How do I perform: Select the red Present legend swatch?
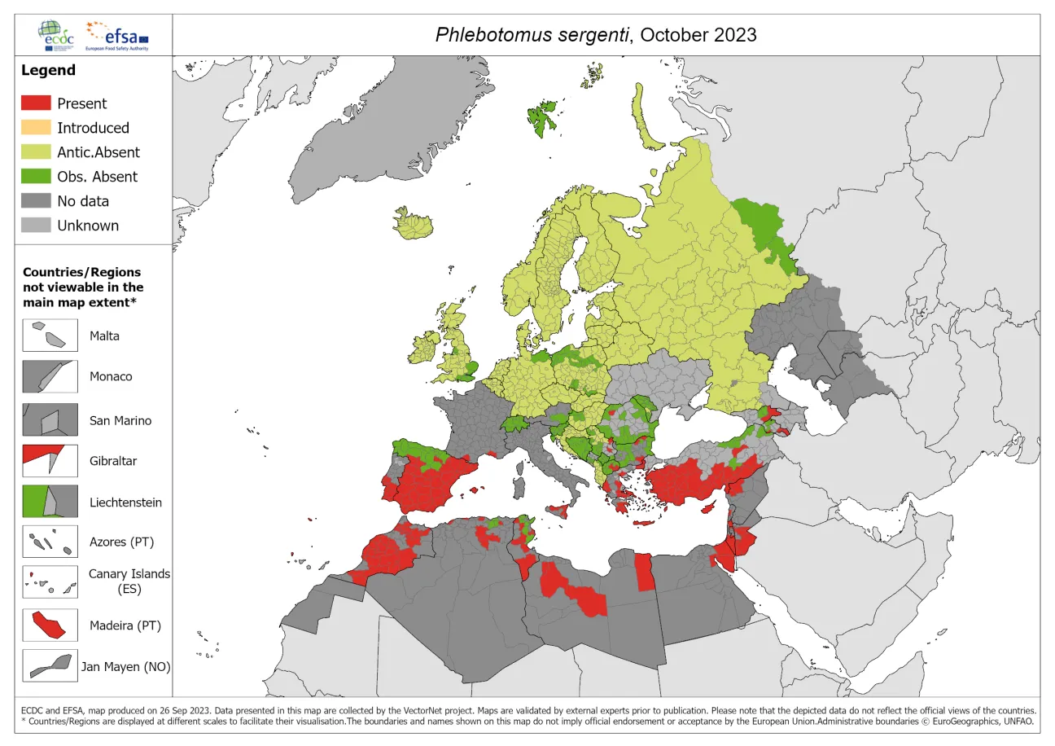[x=36, y=103]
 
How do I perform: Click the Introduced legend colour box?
[x=36, y=128]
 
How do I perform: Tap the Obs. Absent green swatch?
[x=36, y=177]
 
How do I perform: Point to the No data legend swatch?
[x=36, y=201]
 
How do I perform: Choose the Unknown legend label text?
[x=87, y=226]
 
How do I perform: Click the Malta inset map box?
[x=50, y=336]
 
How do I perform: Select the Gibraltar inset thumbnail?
[x=50, y=461]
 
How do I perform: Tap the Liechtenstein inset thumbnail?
[x=50, y=502]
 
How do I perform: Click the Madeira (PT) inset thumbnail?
[x=50, y=625]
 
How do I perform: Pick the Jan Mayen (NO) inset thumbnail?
[x=50, y=666]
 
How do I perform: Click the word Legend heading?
[x=48, y=70]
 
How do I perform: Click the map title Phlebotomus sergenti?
[x=532, y=34]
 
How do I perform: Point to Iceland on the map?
[x=414, y=222]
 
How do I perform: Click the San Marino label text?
[x=120, y=420]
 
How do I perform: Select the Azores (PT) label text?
[x=121, y=542]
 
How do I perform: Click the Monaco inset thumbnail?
[x=50, y=376]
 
